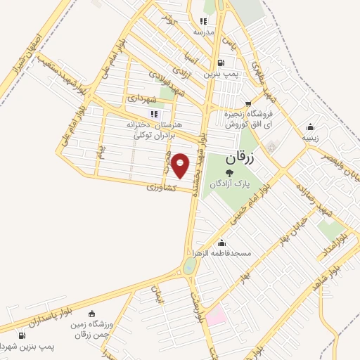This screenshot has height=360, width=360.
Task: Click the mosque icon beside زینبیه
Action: [x=310, y=127]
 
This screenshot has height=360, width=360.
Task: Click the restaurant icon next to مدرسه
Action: [x=205, y=22]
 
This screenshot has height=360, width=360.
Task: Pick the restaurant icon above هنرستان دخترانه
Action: [x=153, y=114]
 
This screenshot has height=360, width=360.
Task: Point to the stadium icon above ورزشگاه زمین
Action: [x=92, y=314]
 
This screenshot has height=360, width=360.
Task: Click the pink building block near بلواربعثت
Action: [x=216, y=314]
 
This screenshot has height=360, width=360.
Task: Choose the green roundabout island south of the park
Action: [x=190, y=266]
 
